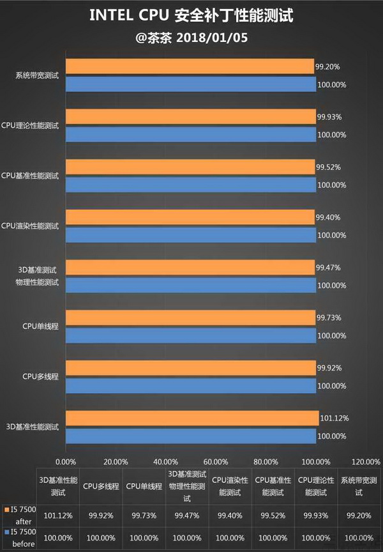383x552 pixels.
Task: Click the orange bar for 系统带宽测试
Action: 190,66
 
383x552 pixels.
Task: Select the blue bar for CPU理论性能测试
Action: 191,135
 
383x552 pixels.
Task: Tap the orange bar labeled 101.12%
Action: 192,418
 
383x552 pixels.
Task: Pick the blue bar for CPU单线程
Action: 191,335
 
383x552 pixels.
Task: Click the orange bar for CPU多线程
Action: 190,368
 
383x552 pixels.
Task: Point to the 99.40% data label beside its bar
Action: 329,217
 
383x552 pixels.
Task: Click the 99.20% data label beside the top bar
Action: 327,66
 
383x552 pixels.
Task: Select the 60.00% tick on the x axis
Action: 216,462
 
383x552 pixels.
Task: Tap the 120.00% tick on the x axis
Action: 366,462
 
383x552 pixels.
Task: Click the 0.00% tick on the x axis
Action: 66,462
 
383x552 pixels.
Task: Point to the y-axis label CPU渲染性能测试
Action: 30,226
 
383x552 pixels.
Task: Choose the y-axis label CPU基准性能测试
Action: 30,175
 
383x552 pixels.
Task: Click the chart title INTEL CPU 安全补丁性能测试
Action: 191,15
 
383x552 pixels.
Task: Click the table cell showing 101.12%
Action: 58,514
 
